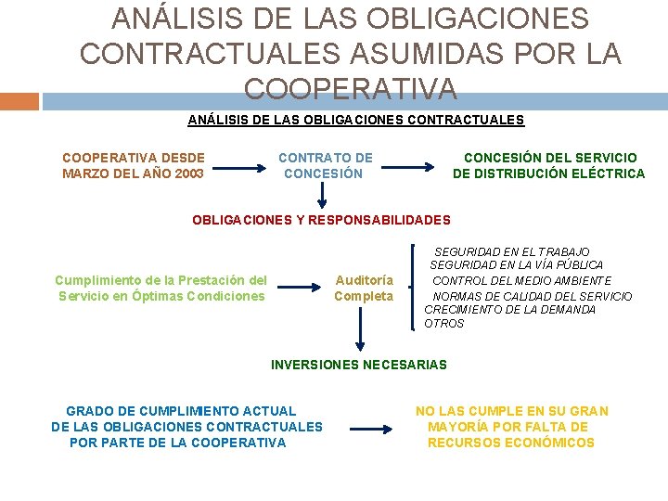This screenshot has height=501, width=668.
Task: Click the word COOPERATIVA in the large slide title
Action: pyautogui.click(x=351, y=88)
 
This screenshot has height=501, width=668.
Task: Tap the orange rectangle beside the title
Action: pyautogui.click(x=19, y=100)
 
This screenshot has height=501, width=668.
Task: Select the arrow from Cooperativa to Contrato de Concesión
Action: pyautogui.click(x=243, y=168)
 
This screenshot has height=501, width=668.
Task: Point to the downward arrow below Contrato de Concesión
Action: pyautogui.click(x=323, y=194)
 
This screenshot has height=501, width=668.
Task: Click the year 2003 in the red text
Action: pyautogui.click(x=188, y=173)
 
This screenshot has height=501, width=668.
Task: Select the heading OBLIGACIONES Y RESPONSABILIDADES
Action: pyautogui.click(x=321, y=220)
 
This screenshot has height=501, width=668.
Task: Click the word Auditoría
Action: pyautogui.click(x=364, y=279)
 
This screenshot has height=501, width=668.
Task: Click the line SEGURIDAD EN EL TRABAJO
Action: pyautogui.click(x=511, y=251)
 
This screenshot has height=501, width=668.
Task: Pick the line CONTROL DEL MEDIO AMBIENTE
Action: pyautogui.click(x=522, y=280)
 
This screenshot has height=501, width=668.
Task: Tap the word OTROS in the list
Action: pyautogui.click(x=443, y=324)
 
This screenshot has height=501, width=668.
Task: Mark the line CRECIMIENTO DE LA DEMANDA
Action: pyautogui.click(x=509, y=309)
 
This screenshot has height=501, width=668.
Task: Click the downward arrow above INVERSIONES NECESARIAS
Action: pyautogui.click(x=362, y=329)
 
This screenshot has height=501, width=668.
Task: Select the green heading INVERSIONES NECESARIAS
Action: pyautogui.click(x=358, y=365)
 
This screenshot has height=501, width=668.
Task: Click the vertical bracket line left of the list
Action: pyautogui.click(x=413, y=286)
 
